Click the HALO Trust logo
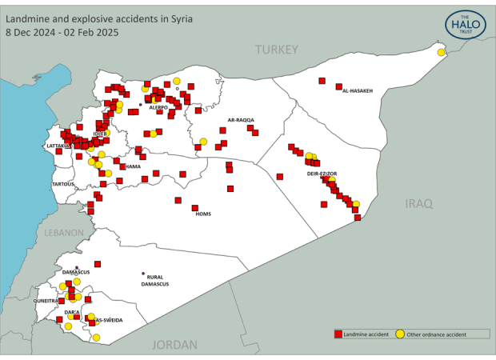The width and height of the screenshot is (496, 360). (466, 24)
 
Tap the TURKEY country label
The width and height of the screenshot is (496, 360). (276, 50)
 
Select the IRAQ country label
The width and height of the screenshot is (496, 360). (418, 203)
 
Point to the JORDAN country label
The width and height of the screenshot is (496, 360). (174, 345)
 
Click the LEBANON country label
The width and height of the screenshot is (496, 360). (63, 233)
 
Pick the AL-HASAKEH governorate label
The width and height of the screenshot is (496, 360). (358, 91)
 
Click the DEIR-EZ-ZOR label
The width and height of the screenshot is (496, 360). (322, 173)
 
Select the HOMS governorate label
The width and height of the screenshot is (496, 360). (203, 214)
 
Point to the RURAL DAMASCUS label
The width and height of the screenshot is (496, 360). (154, 280)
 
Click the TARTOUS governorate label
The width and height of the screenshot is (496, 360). (62, 184)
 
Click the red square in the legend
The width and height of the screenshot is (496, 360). (338, 333)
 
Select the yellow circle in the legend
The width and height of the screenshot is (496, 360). (399, 333)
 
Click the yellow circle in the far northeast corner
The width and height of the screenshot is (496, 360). (441, 53)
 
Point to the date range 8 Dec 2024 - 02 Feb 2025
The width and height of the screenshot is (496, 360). (62, 33)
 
